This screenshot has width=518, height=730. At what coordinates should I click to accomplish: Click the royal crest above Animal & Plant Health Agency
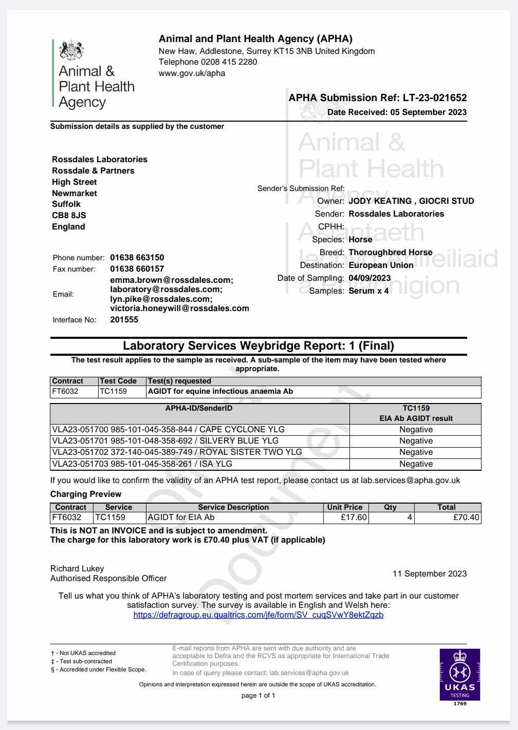[x=71, y=50]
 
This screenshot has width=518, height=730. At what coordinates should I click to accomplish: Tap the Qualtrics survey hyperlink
[x=258, y=614]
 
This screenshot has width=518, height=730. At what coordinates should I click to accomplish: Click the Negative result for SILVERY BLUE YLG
[x=416, y=441]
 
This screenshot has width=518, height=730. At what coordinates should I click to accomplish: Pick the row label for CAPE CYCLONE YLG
[x=169, y=430]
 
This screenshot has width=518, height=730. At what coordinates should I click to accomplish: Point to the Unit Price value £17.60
[x=354, y=517]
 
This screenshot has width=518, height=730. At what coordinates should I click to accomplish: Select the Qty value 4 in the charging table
[x=410, y=517]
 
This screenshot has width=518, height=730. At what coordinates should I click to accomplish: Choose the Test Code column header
[x=118, y=381]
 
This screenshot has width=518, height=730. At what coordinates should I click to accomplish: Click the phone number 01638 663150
[x=137, y=258]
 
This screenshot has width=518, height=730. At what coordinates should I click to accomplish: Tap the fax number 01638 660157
[x=137, y=269]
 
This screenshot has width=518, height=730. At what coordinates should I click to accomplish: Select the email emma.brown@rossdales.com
[x=172, y=280]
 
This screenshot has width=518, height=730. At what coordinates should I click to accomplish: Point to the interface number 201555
[x=124, y=320]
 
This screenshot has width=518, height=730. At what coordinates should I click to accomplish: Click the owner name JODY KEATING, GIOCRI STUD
[x=411, y=201]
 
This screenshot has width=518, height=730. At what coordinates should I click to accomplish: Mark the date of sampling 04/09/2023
[x=369, y=278]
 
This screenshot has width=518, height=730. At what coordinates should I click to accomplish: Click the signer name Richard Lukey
[x=77, y=568]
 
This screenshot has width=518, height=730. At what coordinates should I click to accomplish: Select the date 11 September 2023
[x=430, y=574]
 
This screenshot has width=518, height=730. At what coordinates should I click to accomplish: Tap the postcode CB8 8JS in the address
[x=69, y=216]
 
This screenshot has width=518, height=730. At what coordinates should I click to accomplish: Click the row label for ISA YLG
[x=142, y=464]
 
